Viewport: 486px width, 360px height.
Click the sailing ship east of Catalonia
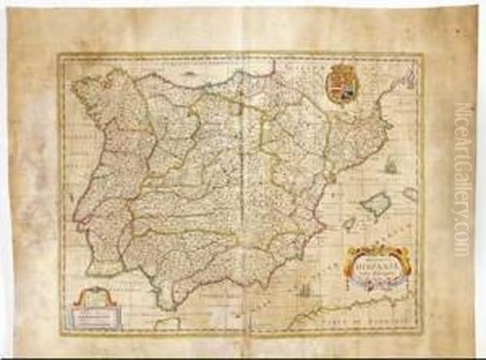pyautogui.click(x=391, y=167)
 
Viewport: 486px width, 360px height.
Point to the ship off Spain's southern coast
pyautogui.click(x=304, y=290)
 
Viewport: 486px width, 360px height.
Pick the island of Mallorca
pyautogui.click(x=375, y=204)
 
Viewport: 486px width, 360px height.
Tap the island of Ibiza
pyautogui.click(x=347, y=223)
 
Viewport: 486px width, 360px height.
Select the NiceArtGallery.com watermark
pyautogui.click(x=463, y=178)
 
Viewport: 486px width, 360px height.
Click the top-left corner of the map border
pyautogui.click(x=58, y=54)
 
